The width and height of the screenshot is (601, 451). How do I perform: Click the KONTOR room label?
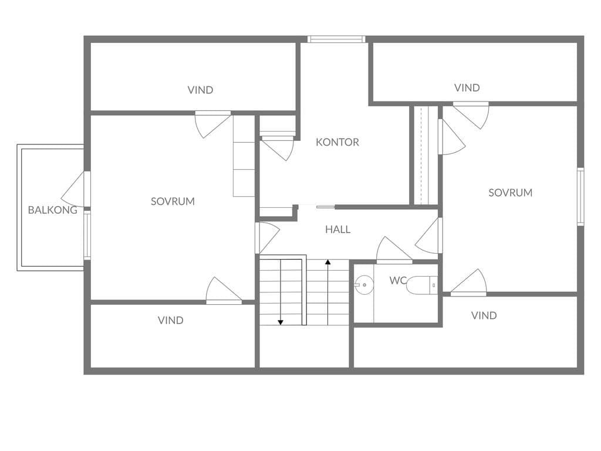click(337, 142)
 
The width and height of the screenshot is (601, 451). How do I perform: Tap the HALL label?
click(337, 230)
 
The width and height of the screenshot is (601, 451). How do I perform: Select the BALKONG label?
click(52, 210)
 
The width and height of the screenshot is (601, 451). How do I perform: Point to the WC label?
click(397, 280)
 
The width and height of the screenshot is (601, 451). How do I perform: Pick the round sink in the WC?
click(364, 285)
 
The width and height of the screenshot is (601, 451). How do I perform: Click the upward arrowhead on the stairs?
click(327, 262)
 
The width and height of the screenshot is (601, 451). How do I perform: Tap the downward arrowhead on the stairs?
click(281, 322)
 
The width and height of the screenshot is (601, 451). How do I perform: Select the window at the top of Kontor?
click(336, 39)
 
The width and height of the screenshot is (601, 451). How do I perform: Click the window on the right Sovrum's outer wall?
click(580, 196)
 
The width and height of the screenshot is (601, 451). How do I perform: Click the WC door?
click(394, 250)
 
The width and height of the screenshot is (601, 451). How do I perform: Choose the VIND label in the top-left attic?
click(200, 90)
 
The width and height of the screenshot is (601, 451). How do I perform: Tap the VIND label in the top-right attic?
click(467, 88)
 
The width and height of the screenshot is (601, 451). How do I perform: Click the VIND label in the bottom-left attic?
click(171, 320)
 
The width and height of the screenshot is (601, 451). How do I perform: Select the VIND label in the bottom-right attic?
click(484, 315)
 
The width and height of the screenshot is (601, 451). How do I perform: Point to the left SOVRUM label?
click(173, 201)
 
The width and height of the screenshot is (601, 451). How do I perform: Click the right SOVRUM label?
click(510, 193)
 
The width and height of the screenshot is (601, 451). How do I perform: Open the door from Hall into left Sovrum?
click(267, 238)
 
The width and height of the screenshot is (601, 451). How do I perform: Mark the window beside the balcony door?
click(87, 235)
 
